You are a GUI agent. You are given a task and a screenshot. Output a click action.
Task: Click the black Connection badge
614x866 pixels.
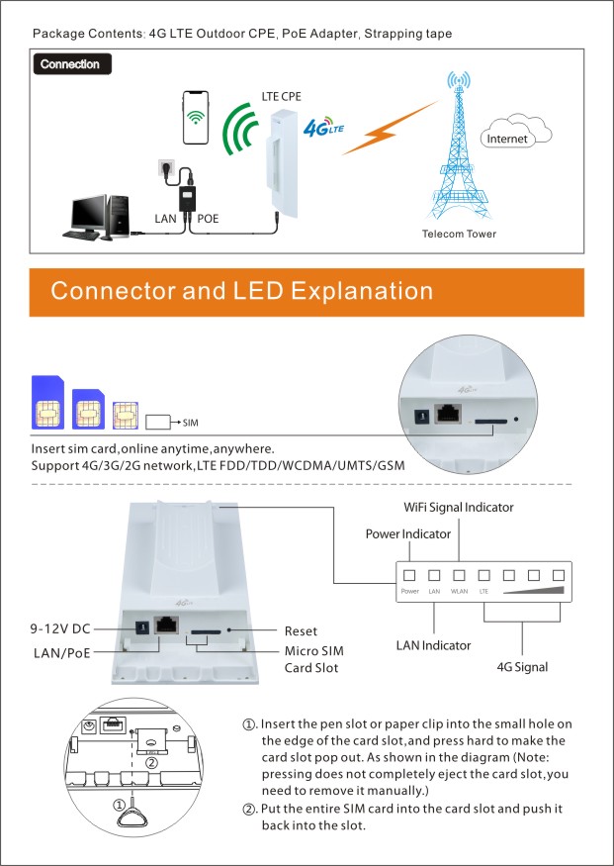coord(71,64)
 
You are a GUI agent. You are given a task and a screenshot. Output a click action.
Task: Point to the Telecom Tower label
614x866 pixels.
coord(459,235)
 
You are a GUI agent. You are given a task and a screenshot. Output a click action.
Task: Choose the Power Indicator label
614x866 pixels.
coord(408,533)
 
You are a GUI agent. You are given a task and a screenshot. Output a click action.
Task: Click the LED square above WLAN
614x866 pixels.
coord(459,574)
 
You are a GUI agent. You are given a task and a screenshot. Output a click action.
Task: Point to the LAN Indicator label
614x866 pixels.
coord(434,645)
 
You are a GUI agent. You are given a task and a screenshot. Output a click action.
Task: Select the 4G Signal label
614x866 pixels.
coord(522,667)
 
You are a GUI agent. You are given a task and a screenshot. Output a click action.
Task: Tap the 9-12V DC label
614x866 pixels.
coord(60,628)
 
